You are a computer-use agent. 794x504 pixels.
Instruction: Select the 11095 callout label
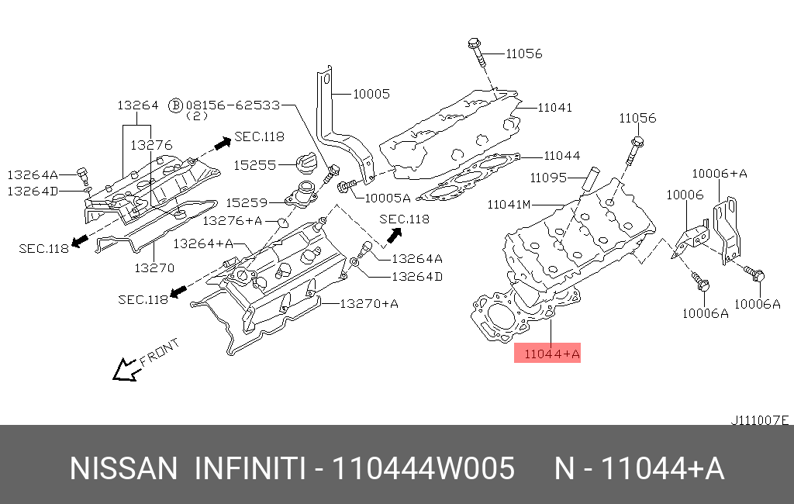548,178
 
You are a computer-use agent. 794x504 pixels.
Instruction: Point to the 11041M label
509,205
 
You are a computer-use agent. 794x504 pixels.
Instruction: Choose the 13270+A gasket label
369,303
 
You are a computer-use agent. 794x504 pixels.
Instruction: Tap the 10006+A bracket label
719,174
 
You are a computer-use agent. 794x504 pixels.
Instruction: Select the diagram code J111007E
759,420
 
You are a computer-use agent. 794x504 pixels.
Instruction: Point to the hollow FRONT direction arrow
124,370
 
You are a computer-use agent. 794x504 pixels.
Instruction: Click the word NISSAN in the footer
124,468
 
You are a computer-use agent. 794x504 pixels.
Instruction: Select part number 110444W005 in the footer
423,468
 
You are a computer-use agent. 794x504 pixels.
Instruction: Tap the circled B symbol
176,104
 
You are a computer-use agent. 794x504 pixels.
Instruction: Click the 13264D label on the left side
33,191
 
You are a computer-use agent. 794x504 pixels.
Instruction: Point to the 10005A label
387,198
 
